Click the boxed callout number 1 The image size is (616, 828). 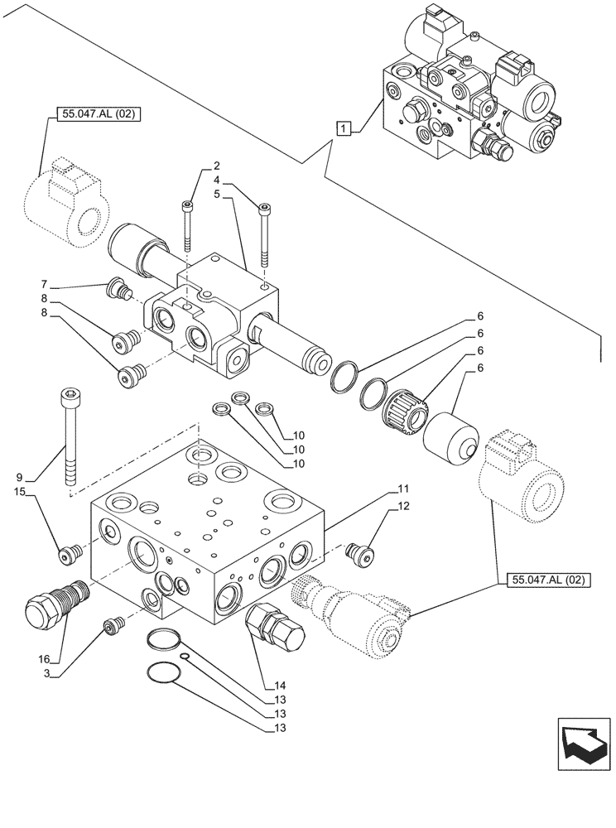(x=342, y=128)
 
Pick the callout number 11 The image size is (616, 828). (x=403, y=489)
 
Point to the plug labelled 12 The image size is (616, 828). (x=360, y=552)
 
